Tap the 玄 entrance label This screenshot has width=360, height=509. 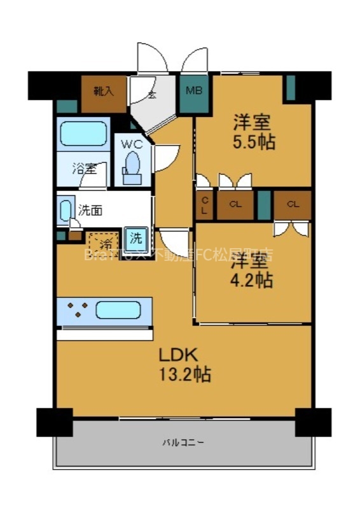152,95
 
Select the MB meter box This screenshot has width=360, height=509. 194,91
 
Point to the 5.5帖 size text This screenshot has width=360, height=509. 254,141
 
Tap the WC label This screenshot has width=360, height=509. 132,144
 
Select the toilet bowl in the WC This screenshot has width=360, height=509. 132,164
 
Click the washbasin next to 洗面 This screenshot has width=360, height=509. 66,211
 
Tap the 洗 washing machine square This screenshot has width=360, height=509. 136,239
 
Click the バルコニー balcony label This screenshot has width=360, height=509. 184,442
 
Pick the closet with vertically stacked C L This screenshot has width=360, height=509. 205,205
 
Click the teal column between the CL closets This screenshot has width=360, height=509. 264,204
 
